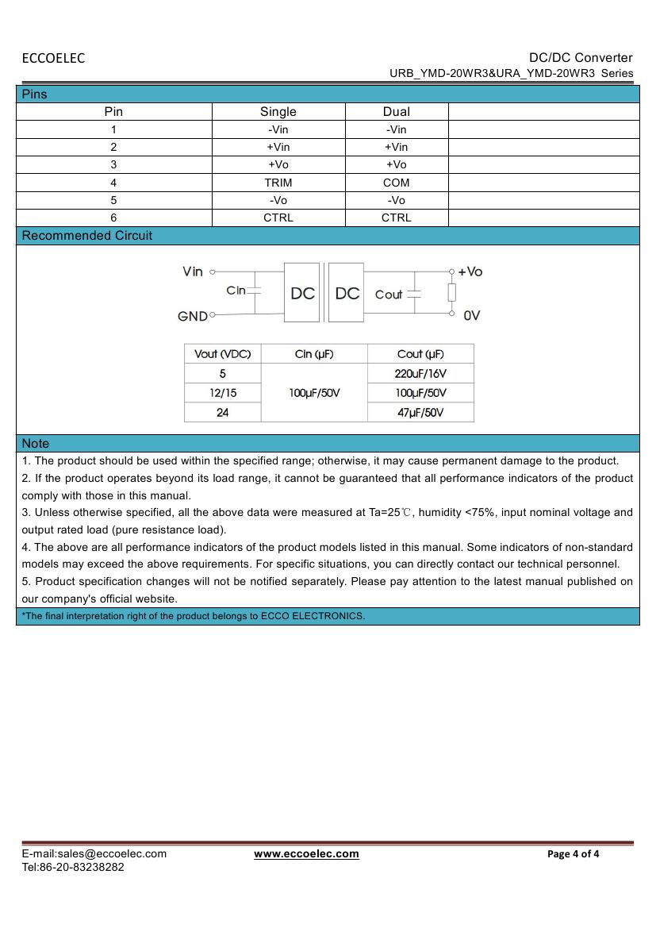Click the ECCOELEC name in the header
pos(53,58)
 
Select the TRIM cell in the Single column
pos(278,183)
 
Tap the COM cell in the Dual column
pos(397,183)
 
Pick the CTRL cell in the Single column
pos(278,218)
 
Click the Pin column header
pos(113,112)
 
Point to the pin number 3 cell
pos(113,164)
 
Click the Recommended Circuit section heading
pos(87,236)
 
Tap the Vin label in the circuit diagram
pos(193,271)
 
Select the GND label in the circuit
pos(193,316)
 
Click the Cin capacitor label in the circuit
pos(236,291)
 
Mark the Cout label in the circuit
pos(389,295)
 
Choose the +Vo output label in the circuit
pos(470,271)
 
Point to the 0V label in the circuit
pos(472,316)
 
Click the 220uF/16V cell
pos(420,373)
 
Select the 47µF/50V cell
pos(420,413)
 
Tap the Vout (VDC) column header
pos(222,354)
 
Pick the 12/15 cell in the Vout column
pos(222,393)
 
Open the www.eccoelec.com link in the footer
pos(306,854)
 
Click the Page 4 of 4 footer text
pos(574,854)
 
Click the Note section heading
pos(36,444)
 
